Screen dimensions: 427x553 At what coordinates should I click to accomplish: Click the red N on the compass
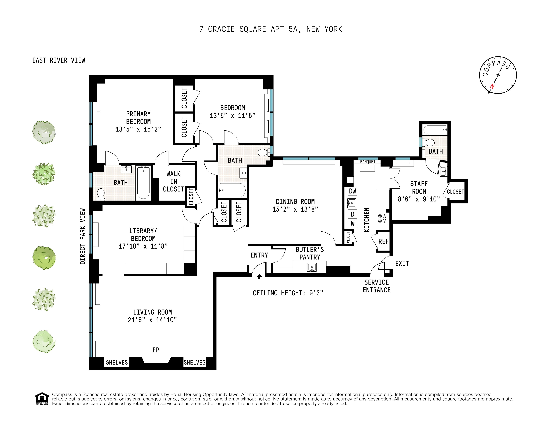point(492,86)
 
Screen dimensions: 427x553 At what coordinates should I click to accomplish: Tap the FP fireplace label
point(156,350)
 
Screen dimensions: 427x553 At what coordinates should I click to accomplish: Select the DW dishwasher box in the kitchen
point(352,191)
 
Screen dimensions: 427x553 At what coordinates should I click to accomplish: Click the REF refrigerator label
point(383,241)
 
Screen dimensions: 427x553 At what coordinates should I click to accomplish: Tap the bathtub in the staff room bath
point(435,130)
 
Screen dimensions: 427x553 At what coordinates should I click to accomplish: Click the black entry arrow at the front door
point(259,277)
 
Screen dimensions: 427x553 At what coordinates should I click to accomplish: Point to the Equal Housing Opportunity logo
point(42,399)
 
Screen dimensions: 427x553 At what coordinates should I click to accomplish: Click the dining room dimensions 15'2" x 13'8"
point(295,209)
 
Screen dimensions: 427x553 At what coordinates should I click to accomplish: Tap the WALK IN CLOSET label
point(173,181)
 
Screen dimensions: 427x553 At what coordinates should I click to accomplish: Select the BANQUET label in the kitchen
point(368,162)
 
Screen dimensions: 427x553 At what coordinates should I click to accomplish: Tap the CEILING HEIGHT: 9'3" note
point(288,293)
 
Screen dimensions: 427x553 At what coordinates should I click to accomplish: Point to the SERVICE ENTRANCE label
point(377,286)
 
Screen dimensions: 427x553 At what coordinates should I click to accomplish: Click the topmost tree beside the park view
point(44,132)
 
